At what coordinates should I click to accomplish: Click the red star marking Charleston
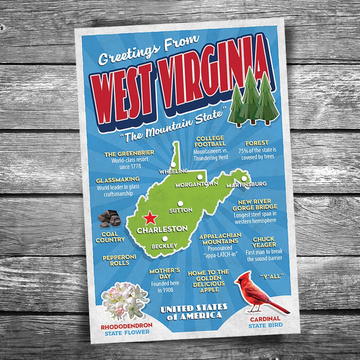point(150,218)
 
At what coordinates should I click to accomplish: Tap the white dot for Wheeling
point(173,164)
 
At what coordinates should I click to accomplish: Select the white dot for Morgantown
point(200,177)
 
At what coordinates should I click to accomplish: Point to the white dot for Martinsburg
point(244,179)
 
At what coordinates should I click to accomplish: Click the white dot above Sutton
point(180,203)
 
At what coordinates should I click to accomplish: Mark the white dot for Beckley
point(165,239)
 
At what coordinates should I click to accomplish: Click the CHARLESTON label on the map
point(162,229)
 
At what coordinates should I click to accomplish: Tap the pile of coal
point(109,218)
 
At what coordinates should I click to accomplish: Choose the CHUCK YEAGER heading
point(263,242)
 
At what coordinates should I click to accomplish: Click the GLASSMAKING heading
point(113,180)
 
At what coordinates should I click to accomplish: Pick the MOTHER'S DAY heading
point(165,273)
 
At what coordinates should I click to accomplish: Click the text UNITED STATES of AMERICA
point(194,312)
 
